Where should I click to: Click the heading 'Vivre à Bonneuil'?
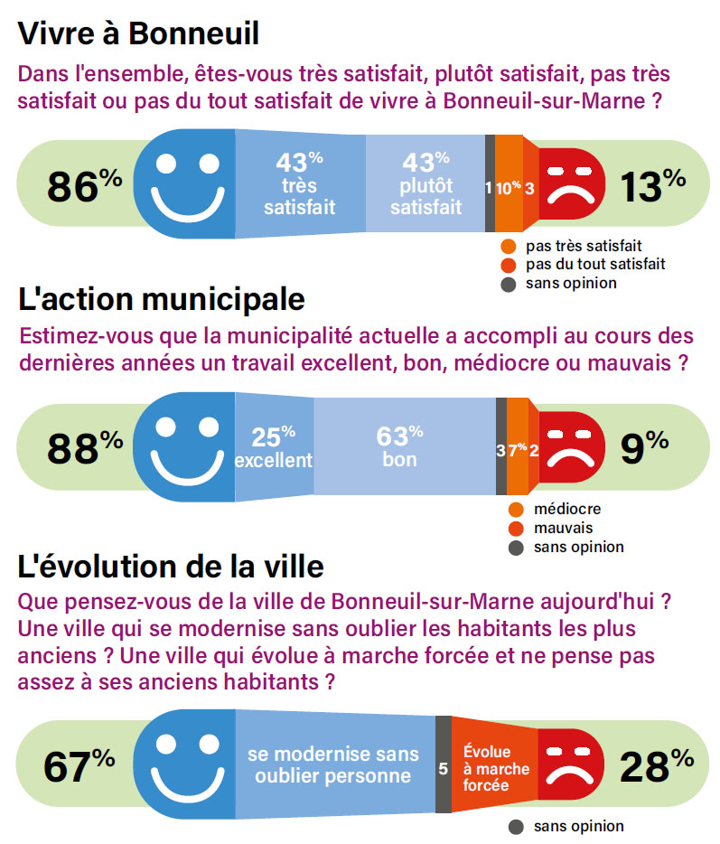click(138, 33)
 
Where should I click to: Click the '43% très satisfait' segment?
click(300, 183)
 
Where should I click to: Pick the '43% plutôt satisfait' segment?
click(425, 183)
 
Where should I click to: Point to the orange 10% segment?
click(509, 183)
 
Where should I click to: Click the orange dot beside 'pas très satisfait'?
click(508, 247)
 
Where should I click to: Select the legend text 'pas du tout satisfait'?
click(595, 264)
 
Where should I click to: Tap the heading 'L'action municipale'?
click(162, 299)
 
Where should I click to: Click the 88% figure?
click(85, 448)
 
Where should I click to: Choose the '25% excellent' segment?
click(275, 446)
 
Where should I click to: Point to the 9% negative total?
click(644, 448)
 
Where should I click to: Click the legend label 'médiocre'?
click(567, 509)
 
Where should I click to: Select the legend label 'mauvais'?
click(563, 528)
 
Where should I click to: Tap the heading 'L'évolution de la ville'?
click(171, 567)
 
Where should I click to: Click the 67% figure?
click(79, 766)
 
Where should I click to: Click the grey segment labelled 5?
click(444, 764)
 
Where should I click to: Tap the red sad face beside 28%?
click(570, 764)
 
